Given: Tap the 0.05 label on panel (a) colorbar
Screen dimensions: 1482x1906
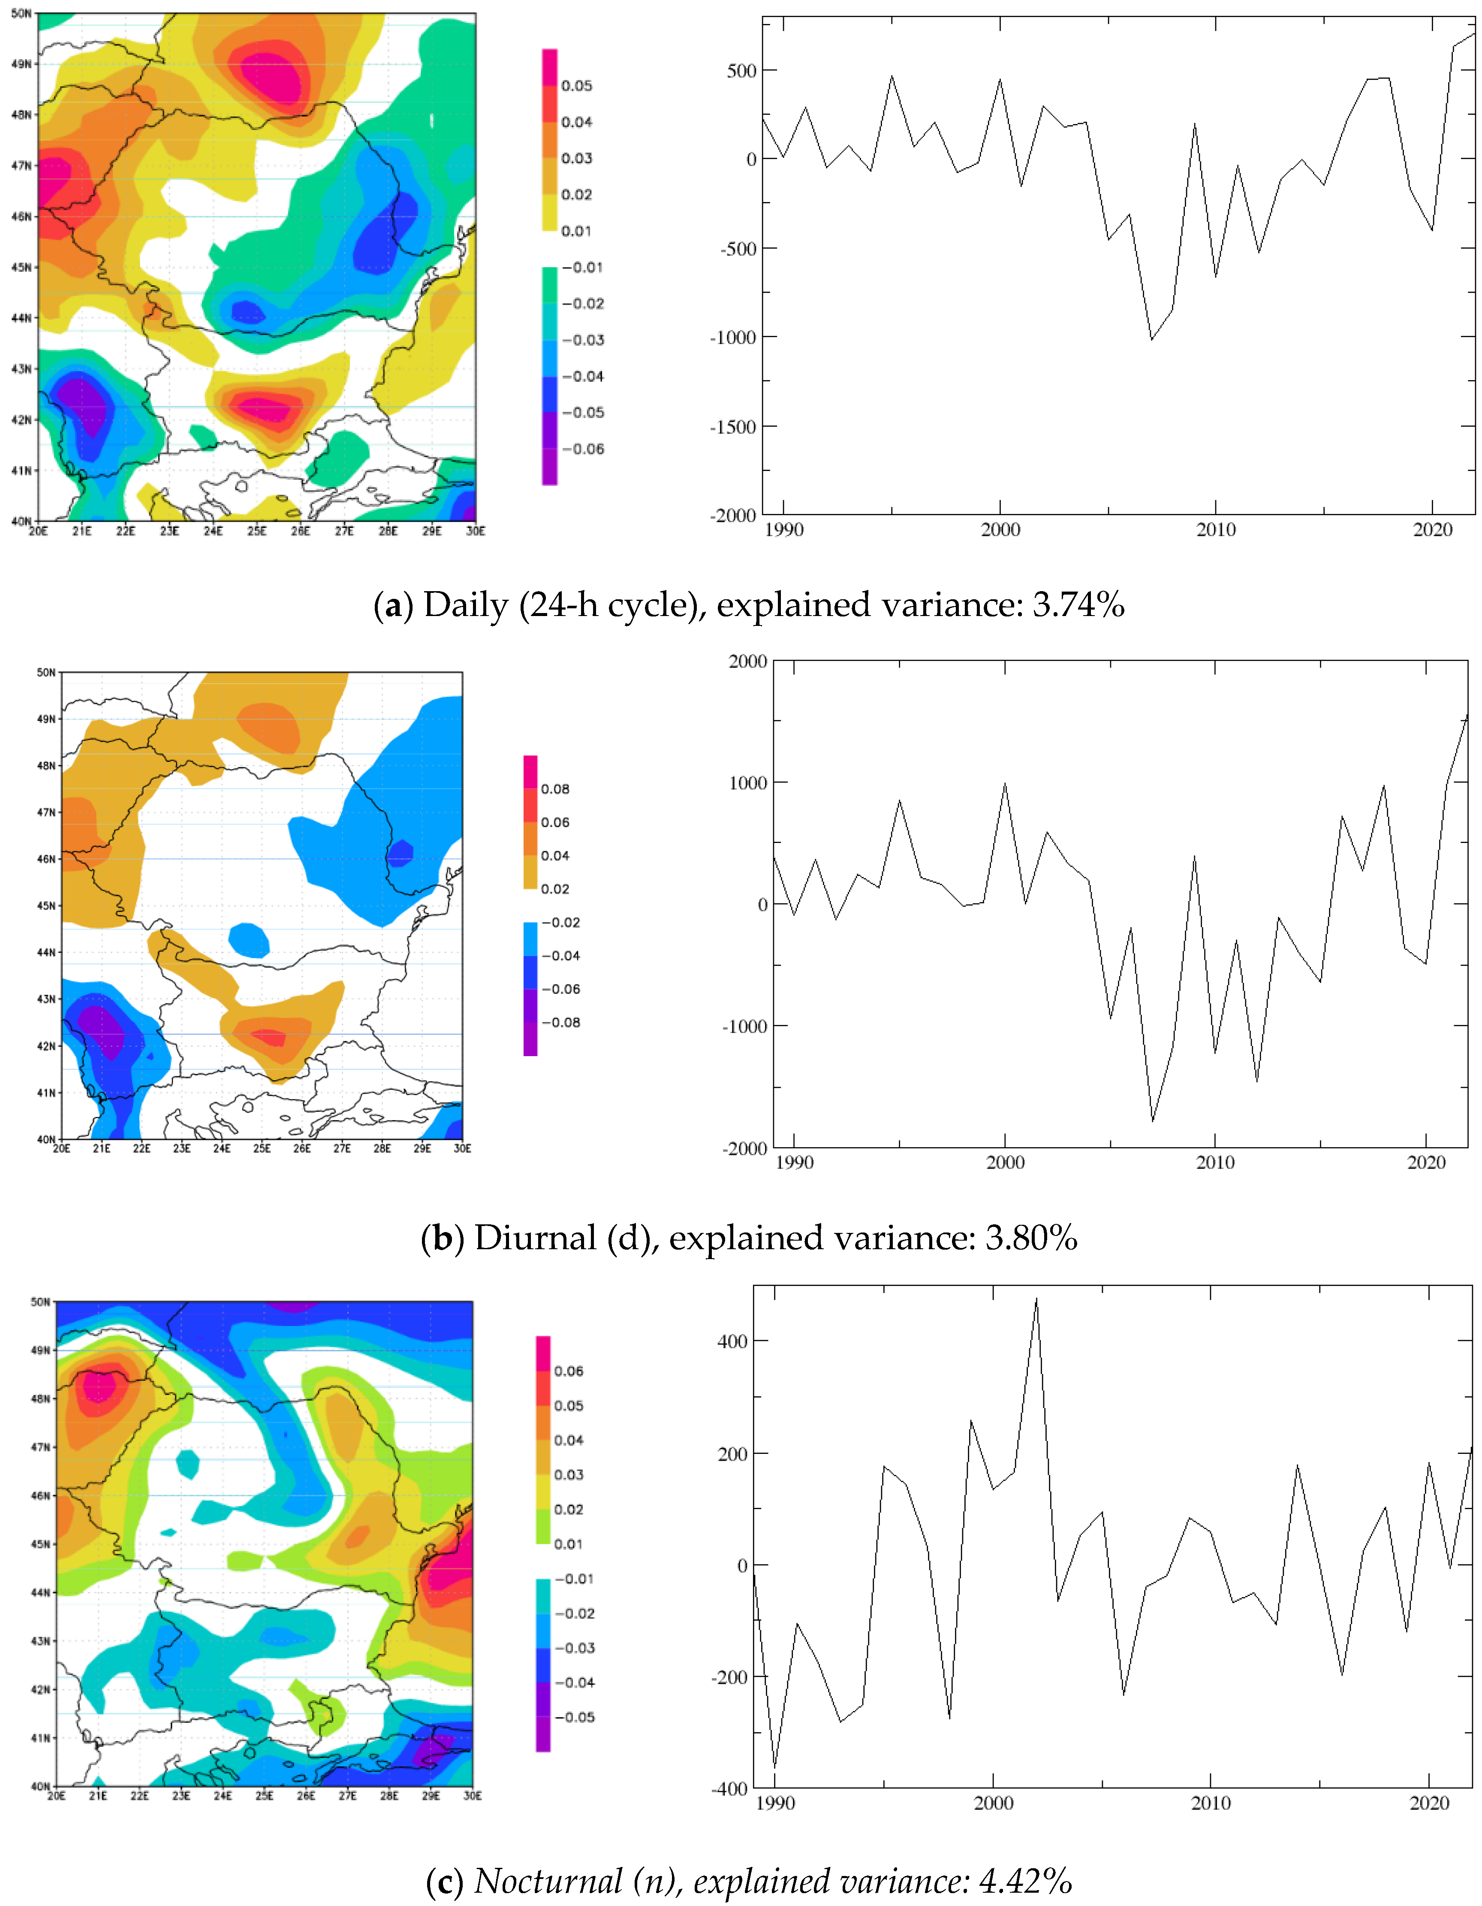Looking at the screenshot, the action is (577, 85).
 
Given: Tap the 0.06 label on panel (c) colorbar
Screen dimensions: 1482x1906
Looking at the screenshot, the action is (569, 1371).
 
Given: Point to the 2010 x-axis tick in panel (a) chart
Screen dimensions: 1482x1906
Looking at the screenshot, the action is (1216, 530).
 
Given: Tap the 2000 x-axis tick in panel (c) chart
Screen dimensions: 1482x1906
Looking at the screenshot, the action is (994, 1803).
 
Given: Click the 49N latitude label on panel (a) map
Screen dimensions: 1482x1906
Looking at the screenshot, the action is (21, 64).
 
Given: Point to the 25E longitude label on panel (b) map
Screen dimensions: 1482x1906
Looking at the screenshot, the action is (262, 1148).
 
